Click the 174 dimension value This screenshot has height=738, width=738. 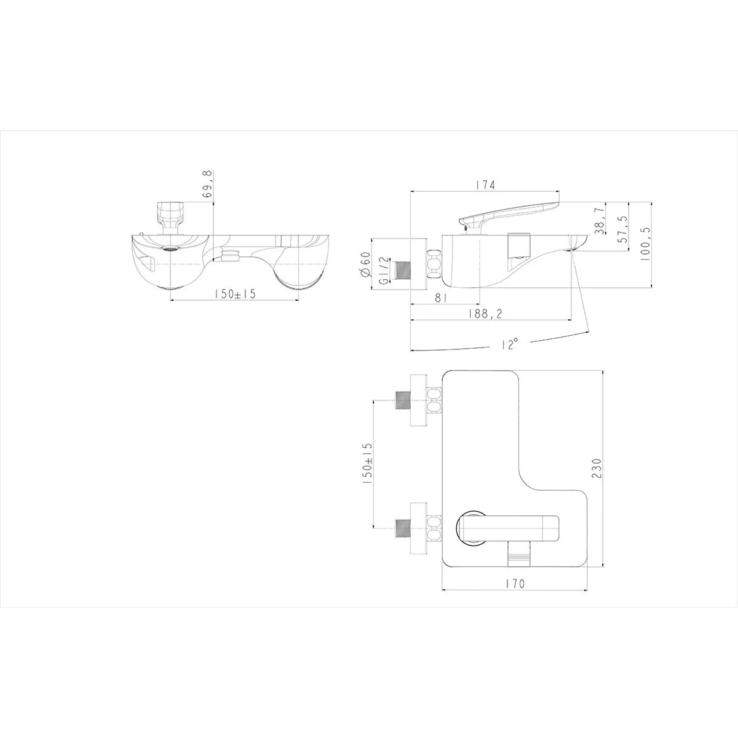(x=485, y=185)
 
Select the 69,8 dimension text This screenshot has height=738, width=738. (x=207, y=185)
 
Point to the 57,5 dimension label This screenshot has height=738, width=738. (x=623, y=228)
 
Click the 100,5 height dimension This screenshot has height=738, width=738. (x=646, y=244)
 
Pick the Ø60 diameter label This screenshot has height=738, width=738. (x=365, y=264)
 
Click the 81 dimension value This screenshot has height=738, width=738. (x=441, y=298)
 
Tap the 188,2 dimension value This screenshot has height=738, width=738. (x=485, y=314)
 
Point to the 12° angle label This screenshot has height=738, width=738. (x=509, y=344)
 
